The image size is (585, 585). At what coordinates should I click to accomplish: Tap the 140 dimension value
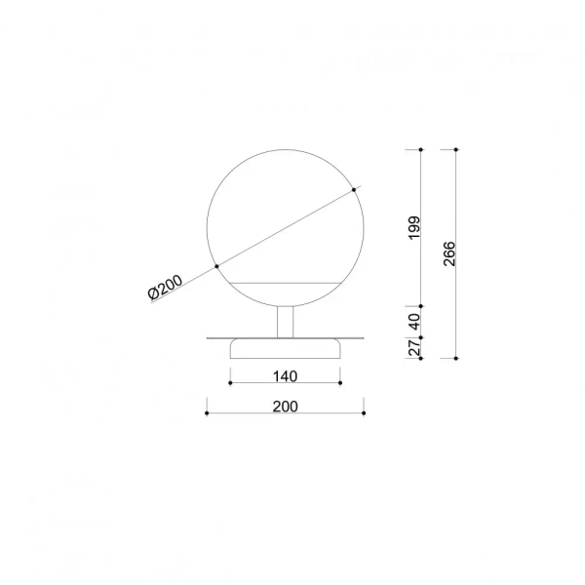point(285,374)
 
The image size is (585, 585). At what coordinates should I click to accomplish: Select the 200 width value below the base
point(285,405)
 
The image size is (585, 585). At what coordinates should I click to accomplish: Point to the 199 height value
point(413,227)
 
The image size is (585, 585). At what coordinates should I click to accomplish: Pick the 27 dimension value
point(413,346)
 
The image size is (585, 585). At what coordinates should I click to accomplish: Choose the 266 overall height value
point(449,253)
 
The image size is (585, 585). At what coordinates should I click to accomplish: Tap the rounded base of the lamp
point(285,348)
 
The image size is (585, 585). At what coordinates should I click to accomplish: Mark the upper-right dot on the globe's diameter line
point(353,190)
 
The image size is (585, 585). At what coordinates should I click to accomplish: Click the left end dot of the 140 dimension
point(229,383)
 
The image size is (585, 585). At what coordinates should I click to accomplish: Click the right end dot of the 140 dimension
point(340,383)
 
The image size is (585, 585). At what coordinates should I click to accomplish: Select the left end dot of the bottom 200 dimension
point(207,413)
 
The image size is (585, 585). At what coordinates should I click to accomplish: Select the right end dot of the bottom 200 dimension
point(363,413)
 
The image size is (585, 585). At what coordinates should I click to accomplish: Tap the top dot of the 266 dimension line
point(456,149)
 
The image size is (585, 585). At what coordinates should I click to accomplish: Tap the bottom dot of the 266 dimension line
point(456,358)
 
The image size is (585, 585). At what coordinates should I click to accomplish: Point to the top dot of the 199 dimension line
point(420,149)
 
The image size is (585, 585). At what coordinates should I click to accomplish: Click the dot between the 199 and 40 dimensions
point(420,305)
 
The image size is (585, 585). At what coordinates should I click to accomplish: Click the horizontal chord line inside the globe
point(285,282)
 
